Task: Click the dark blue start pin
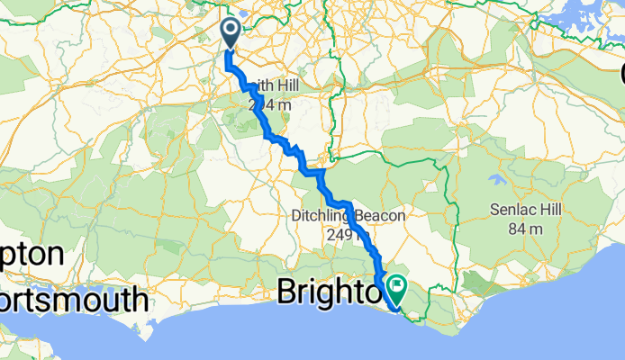point(230,33)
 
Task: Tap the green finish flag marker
point(395,288)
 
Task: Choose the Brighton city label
point(324,292)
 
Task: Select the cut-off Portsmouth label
point(72,299)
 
